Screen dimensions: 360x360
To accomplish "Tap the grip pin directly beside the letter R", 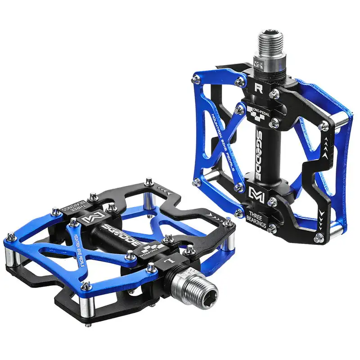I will click(273, 93).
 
